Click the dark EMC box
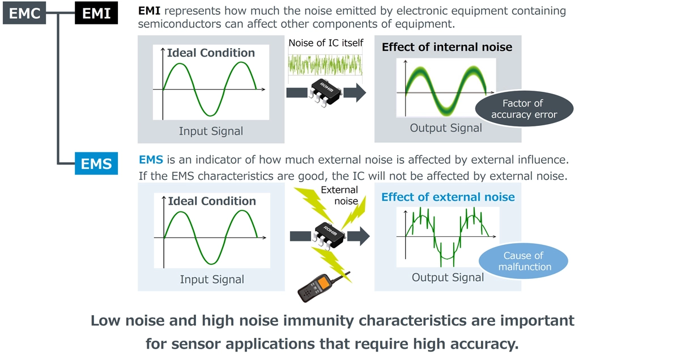coord(25,12)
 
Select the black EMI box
coord(96,12)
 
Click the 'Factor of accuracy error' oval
coord(524,109)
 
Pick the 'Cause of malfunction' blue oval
coord(523,261)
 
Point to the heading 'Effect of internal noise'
coord(446,47)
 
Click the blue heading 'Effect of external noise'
coord(448,197)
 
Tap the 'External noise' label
coord(339,196)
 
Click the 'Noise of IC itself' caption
coord(326,43)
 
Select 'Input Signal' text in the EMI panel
coord(211,132)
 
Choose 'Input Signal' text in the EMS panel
coord(212,279)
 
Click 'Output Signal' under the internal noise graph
coord(446,128)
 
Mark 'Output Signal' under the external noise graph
coord(448,277)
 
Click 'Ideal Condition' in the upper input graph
coord(211,53)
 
